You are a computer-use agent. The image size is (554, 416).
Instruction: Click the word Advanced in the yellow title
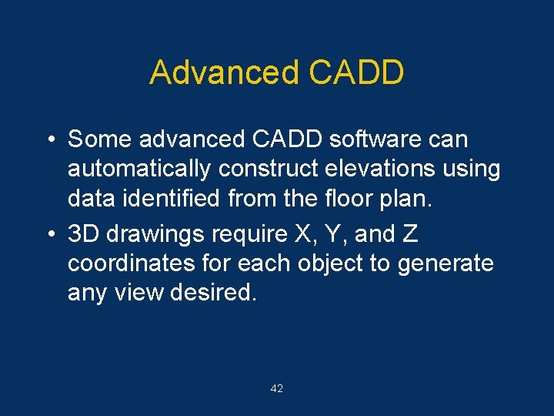pyautogui.click(x=223, y=72)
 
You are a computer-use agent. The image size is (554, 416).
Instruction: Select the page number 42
pyautogui.click(x=277, y=389)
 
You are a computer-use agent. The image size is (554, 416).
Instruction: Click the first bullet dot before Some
pyautogui.click(x=49, y=140)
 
